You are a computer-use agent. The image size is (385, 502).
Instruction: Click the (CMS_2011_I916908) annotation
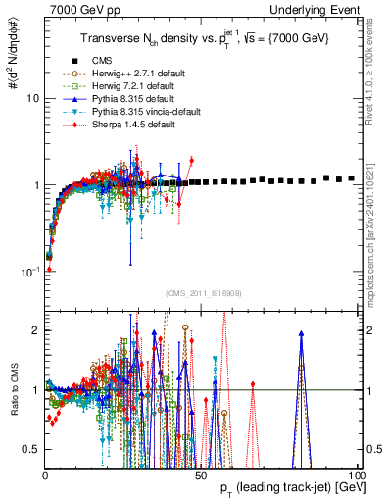pyautogui.click(x=202, y=293)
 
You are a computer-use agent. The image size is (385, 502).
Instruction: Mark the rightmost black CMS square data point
pyautogui.click(x=353, y=178)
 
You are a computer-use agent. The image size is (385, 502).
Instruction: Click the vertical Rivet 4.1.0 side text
pyautogui.click(x=373, y=74)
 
